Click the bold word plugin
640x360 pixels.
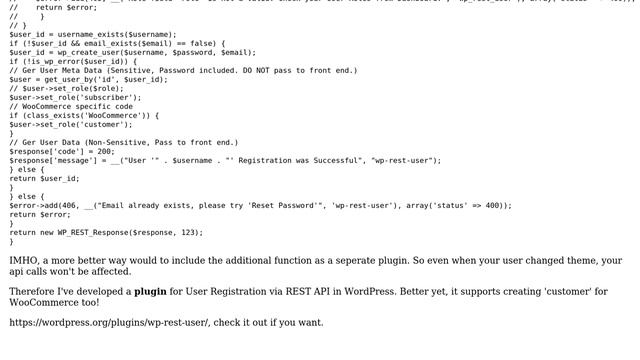coord(151,292)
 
